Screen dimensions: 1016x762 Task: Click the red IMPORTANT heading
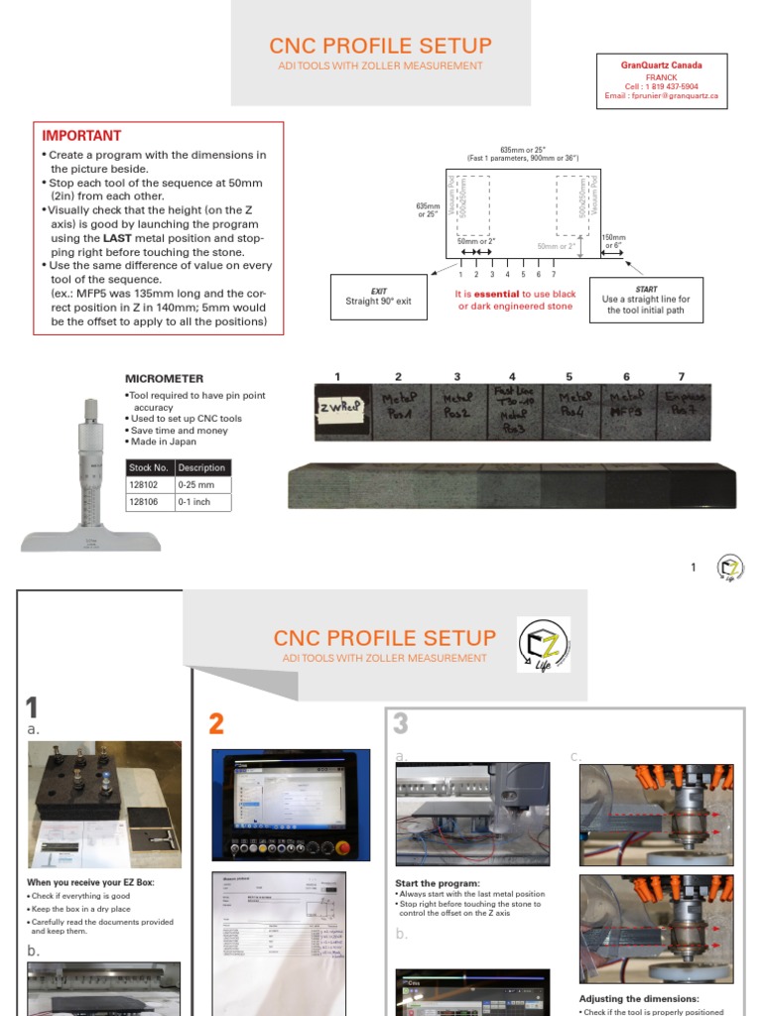coord(81,136)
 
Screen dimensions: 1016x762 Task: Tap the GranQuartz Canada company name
coord(661,65)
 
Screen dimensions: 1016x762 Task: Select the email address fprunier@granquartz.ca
coord(661,97)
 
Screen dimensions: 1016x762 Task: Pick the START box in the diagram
coord(646,299)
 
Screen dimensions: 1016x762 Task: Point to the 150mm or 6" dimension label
coord(615,241)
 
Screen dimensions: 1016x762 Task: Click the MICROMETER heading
coord(164,378)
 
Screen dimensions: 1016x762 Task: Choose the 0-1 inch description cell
coord(202,502)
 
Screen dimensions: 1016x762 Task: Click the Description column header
coord(202,467)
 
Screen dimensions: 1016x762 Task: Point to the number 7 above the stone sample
coord(682,377)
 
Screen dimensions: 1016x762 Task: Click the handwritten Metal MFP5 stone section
coord(626,407)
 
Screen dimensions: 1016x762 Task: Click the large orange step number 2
coord(216,724)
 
